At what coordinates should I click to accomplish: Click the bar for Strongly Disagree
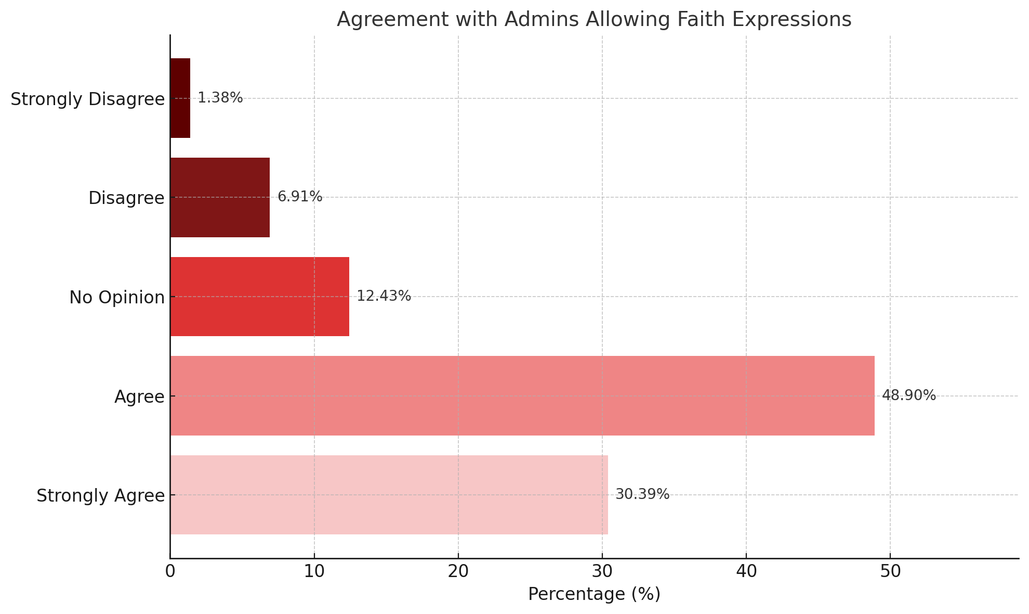[180, 98]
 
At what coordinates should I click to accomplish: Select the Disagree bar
[220, 198]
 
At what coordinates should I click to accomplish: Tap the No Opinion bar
[260, 297]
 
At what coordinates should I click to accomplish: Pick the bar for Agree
[522, 396]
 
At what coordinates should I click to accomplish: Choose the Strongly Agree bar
[389, 495]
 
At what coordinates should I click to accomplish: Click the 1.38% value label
[220, 98]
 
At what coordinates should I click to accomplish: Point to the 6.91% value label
[300, 197]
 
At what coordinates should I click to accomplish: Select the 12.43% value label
[384, 296]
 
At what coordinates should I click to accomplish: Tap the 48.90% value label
[909, 395]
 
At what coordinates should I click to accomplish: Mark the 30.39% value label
[642, 494]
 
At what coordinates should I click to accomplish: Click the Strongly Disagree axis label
[88, 99]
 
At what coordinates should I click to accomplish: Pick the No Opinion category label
[117, 298]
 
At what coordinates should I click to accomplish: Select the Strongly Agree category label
[101, 496]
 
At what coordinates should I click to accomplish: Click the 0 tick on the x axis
[170, 571]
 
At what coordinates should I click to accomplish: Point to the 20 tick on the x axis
[458, 571]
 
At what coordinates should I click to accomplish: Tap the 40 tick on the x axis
[746, 571]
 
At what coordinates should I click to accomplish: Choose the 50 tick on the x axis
[890, 571]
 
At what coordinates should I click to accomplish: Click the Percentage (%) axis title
[594, 594]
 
